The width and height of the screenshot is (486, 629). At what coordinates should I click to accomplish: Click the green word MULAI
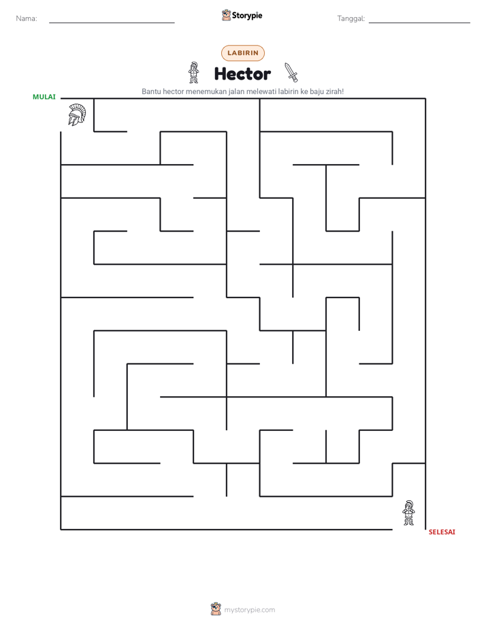pos(44,97)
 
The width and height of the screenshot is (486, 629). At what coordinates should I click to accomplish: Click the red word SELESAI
pos(442,532)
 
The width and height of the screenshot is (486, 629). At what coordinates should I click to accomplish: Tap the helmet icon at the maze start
pos(77,115)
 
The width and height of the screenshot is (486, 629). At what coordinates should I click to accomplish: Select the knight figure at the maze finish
pos(408,513)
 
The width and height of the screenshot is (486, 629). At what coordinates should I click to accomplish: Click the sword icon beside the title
pos(291,72)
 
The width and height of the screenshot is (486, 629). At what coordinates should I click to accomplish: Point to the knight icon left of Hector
pos(194,73)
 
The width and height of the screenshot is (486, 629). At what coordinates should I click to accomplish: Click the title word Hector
pos(242,74)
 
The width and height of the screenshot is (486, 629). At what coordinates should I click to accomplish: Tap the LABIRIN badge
pos(243,53)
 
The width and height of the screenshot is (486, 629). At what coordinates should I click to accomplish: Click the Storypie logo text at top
pos(247,16)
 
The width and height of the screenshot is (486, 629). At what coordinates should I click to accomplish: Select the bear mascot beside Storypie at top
pos(226,15)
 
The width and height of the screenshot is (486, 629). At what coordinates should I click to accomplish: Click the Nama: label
pos(27,18)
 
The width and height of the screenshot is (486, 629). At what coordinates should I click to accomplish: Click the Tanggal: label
pos(351,18)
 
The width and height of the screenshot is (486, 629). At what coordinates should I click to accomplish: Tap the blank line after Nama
pos(112,23)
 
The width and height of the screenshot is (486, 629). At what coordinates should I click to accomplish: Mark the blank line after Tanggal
pos(419,23)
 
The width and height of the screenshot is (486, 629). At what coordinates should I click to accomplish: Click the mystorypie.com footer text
pos(249,610)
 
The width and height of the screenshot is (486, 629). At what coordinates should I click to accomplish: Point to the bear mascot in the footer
pos(216,609)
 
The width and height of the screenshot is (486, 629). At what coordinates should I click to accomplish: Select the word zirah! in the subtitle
pos(334,91)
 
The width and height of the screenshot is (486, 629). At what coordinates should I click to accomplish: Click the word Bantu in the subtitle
pos(151,91)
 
